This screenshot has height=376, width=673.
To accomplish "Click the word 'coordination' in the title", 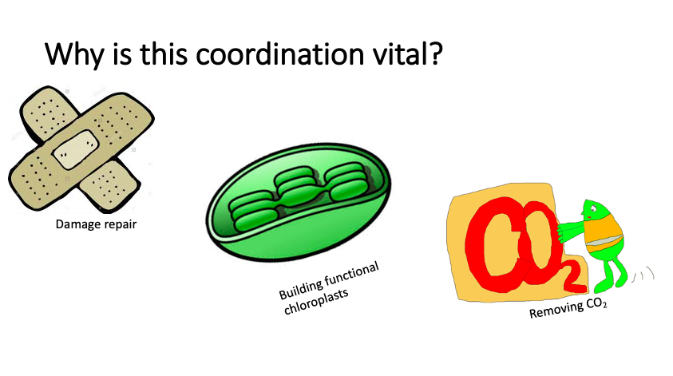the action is coord(279,54).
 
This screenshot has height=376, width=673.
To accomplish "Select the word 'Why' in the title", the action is coord(74,56).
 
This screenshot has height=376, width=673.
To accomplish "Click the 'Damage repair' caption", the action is coord(96,224).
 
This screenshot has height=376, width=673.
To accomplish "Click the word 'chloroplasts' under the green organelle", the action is coord(316,301).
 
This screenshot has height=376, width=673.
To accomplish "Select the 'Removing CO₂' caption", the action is coord(568,308).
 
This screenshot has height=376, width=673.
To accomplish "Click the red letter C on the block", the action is coord(493,243).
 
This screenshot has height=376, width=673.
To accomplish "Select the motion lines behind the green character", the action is coord(643,275).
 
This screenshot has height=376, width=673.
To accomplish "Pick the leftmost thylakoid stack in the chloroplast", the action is coord(253,212).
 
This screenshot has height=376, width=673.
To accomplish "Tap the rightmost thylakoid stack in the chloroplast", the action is coord(346,183).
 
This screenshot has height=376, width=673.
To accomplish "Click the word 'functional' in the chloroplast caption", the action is coord(352,275).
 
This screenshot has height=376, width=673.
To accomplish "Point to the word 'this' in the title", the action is coord(164,54).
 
